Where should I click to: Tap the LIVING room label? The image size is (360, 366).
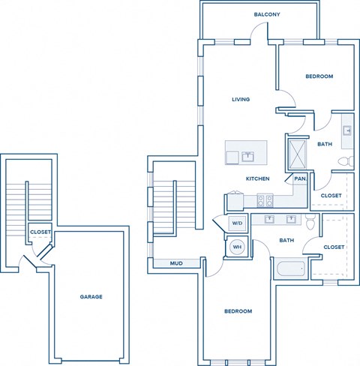240,99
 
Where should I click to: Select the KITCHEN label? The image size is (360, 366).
258,178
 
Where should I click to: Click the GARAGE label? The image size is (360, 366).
91,296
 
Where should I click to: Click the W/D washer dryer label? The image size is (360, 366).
236,223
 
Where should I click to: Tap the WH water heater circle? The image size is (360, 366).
236,246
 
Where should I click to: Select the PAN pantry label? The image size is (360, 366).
299,179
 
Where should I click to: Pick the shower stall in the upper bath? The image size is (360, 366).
298,154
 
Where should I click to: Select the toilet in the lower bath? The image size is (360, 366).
310,221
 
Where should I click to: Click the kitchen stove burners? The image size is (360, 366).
265,200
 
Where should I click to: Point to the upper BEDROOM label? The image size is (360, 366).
319,76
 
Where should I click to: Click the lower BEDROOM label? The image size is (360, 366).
238,311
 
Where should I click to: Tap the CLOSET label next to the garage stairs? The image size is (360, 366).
40,232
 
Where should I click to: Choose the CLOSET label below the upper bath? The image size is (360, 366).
331,196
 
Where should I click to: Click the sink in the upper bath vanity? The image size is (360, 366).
347,130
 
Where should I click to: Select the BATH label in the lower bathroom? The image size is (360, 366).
286,241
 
